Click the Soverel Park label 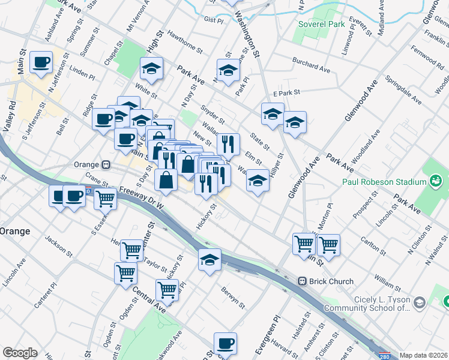322,25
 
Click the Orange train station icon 106,164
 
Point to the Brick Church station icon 304,281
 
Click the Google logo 20,353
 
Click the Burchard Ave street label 311,65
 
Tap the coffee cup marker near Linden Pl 41,62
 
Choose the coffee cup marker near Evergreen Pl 225,343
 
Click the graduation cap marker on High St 152,68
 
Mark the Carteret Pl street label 44,292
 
